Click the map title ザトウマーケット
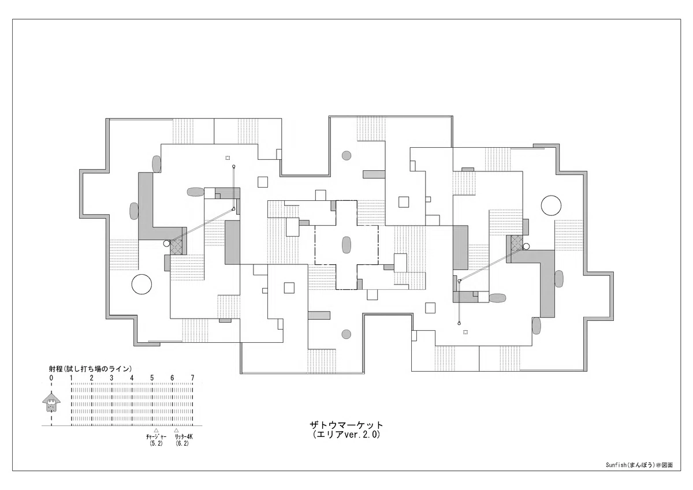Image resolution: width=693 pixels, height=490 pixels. pyautogui.click(x=346, y=425)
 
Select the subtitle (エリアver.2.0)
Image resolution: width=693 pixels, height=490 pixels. pyautogui.click(x=346, y=435)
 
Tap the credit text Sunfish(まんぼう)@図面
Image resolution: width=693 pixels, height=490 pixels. pyautogui.click(x=639, y=474)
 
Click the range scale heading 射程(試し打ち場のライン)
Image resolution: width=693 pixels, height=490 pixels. pyautogui.click(x=90, y=368)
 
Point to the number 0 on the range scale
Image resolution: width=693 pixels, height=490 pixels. pyautogui.click(x=51, y=378)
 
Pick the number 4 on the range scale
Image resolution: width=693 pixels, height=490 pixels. pyautogui.click(x=132, y=378)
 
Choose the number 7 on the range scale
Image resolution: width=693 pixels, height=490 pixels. pyautogui.click(x=192, y=378)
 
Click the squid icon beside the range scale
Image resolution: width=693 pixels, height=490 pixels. pyautogui.click(x=51, y=402)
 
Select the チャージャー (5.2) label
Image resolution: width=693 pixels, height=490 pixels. pyautogui.click(x=157, y=440)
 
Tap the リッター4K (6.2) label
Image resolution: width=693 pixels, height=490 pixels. pyautogui.click(x=182, y=440)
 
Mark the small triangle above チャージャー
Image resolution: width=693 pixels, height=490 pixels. pyautogui.click(x=157, y=430)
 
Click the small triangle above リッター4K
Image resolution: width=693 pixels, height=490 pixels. pyautogui.click(x=176, y=430)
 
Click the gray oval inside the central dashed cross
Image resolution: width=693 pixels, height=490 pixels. pyautogui.click(x=346, y=245)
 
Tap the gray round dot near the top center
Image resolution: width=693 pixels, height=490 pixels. pyautogui.click(x=346, y=155)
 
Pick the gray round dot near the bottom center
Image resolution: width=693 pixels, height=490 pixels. pyautogui.click(x=346, y=334)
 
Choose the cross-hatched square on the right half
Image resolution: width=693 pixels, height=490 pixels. pyautogui.click(x=517, y=242)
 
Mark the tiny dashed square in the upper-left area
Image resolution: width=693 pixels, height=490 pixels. pyautogui.click(x=228, y=158)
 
